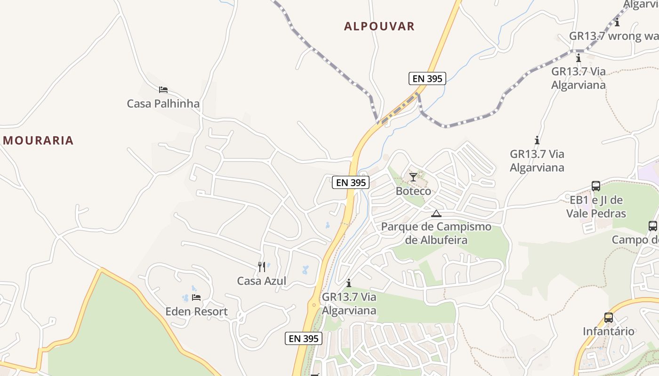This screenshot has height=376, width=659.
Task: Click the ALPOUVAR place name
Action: [379, 26]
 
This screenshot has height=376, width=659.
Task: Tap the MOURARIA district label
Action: [38, 140]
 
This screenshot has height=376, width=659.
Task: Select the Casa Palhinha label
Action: [163, 103]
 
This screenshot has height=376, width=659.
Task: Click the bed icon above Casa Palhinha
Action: [163, 89]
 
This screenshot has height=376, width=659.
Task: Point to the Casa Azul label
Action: [261, 281]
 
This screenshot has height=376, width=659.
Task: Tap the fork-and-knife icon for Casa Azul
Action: [262, 267]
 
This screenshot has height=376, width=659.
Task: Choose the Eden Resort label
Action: [196, 312]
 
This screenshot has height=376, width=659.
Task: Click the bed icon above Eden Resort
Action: [196, 298]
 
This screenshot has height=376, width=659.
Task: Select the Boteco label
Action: [413, 191]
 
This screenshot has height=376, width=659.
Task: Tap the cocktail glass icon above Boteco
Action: [413, 177]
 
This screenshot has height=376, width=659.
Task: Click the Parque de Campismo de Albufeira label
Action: [436, 233]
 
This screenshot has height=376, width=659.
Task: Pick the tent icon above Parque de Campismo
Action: [436, 213]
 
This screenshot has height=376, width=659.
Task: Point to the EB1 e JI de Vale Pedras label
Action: [596, 207]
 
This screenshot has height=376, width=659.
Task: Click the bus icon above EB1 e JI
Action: [596, 186]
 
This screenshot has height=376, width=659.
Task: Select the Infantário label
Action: [609, 331]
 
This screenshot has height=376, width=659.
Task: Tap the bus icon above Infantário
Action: [609, 318]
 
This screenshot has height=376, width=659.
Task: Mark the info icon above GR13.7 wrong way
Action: [617, 22]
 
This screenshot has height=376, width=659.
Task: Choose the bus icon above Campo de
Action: [653, 226]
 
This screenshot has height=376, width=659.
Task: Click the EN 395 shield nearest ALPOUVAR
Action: [427, 78]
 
